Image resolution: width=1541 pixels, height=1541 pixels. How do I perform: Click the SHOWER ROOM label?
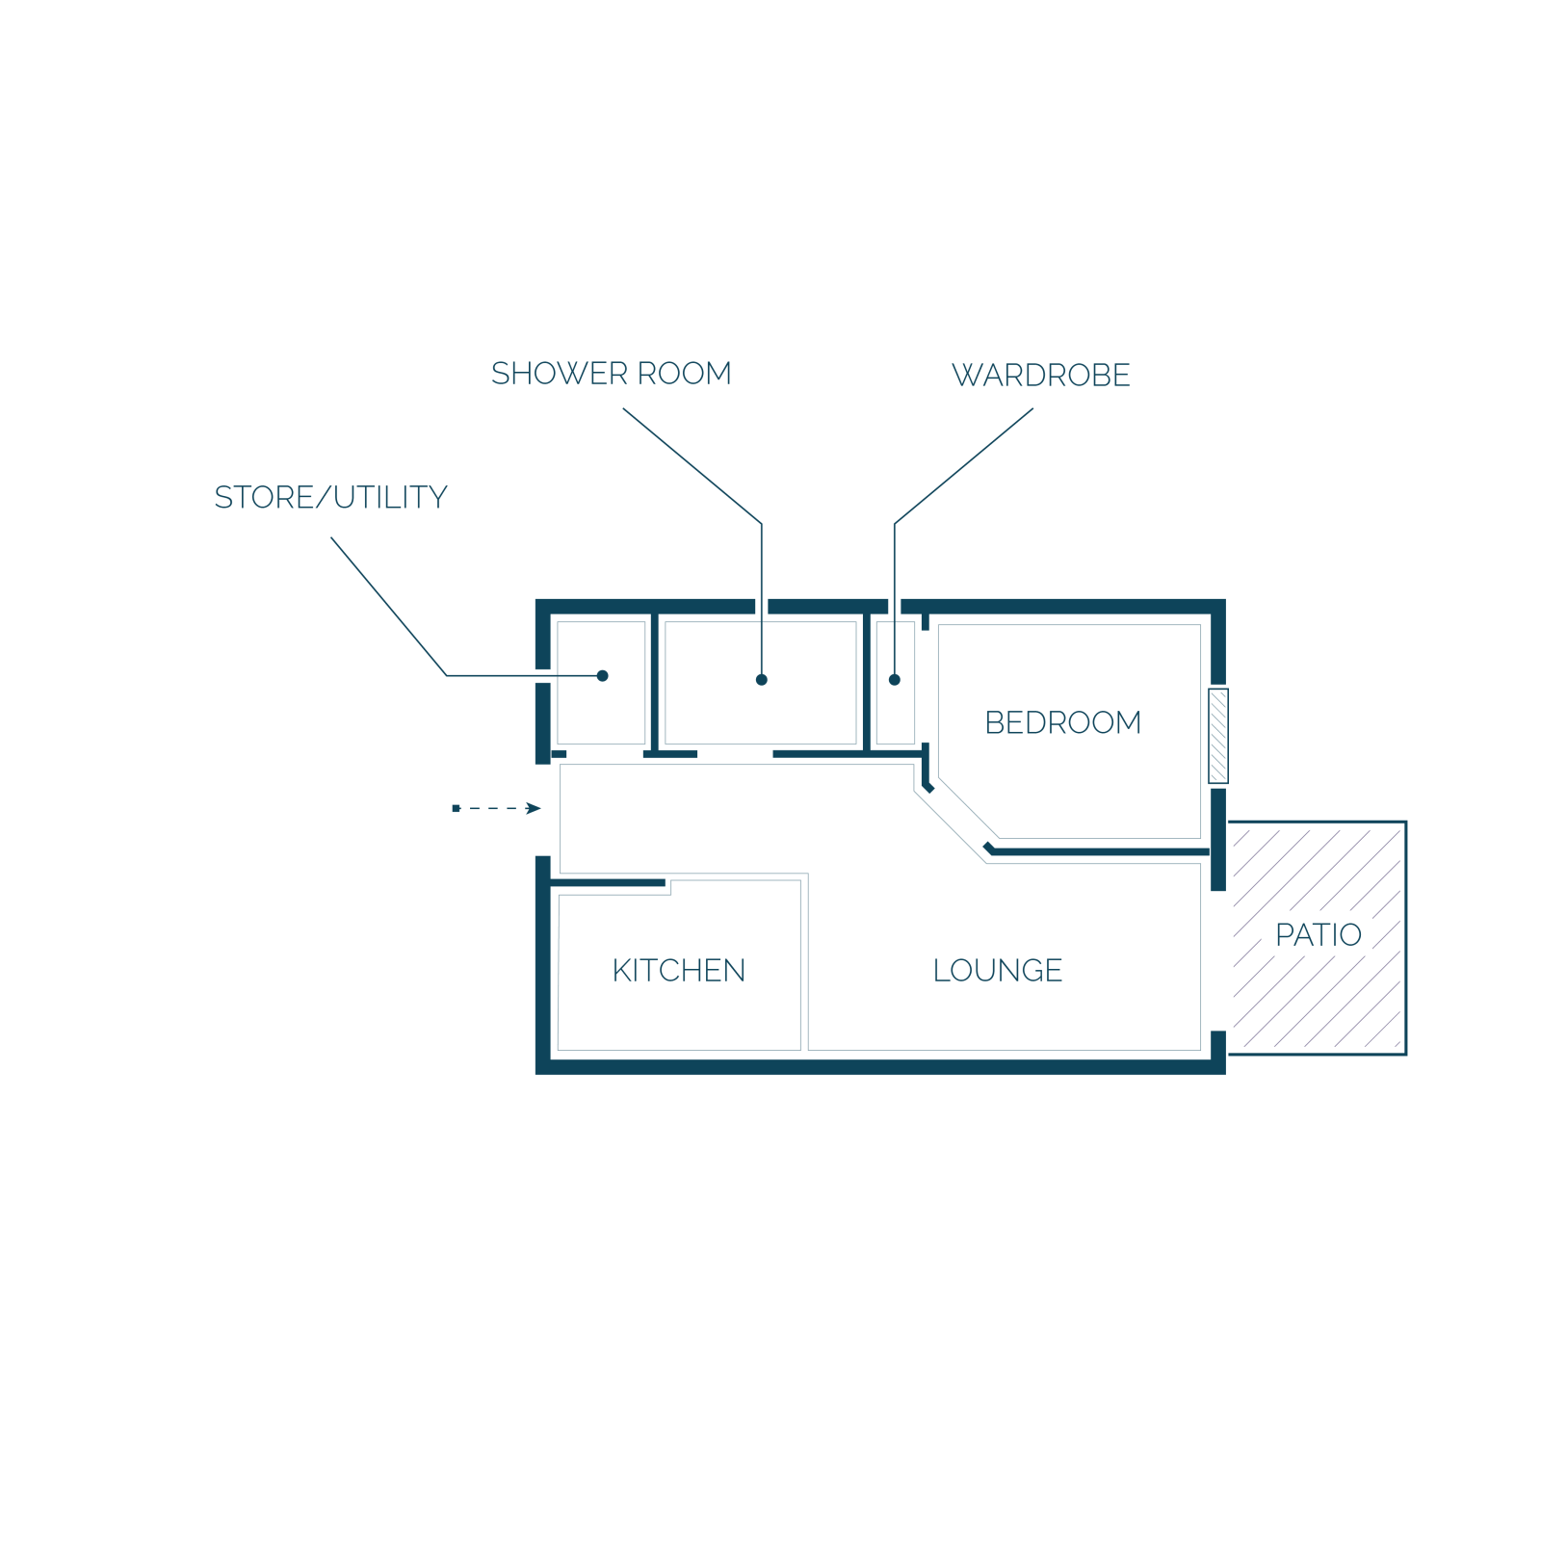tap(611, 374)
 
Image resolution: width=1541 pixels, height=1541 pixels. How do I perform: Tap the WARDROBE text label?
tap(1040, 376)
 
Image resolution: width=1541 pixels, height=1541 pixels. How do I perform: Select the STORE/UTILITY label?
tap(330, 497)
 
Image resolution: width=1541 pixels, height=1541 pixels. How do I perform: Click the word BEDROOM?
tap(1062, 722)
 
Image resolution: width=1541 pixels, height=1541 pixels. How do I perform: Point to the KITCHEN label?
tap(679, 970)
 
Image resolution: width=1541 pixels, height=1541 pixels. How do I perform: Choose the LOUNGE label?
tap(998, 970)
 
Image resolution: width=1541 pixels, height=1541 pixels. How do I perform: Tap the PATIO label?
tap(1319, 934)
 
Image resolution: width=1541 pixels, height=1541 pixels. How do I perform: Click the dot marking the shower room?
tap(761, 680)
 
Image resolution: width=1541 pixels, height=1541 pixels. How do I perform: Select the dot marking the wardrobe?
tap(895, 680)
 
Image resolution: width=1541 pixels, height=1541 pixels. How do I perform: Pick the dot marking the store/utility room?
tap(602, 676)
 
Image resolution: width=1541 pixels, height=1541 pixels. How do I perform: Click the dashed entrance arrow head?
tap(534, 808)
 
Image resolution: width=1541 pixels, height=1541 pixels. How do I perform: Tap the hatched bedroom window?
tap(1218, 736)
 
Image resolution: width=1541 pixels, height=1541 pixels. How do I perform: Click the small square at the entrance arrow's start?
tap(456, 808)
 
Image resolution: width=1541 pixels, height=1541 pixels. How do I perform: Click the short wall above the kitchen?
tap(608, 882)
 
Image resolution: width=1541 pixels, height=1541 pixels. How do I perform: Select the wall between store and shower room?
tap(655, 682)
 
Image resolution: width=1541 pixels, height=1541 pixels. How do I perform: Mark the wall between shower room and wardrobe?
tap(867, 682)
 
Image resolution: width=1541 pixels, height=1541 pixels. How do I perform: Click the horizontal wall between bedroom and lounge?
tap(1099, 851)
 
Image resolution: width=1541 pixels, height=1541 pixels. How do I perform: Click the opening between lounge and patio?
tap(1218, 960)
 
